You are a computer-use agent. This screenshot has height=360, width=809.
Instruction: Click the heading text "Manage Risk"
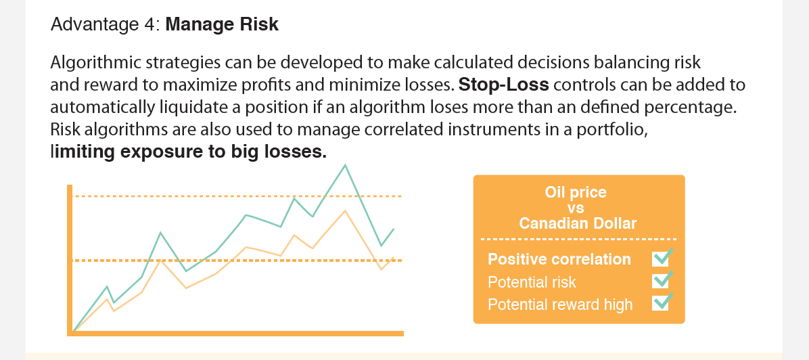222,25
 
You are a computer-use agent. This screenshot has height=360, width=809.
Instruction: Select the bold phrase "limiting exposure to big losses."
189,152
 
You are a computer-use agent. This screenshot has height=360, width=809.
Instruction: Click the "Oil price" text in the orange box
575,193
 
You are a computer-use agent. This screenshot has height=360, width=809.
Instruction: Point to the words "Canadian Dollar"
578,223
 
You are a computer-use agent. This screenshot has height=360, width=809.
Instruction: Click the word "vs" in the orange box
576,208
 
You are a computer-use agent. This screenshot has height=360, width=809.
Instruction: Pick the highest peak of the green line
345,165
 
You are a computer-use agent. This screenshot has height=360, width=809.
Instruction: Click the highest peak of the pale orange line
345,210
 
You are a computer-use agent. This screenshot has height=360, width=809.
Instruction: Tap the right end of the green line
394,229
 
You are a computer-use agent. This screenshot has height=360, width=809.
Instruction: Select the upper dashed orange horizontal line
238,197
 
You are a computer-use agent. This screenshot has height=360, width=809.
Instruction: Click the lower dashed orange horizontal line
238,261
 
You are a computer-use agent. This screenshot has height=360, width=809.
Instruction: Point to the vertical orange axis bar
70,260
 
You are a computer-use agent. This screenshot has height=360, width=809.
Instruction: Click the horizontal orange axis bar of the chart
235,333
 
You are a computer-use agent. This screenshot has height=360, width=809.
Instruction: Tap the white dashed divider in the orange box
578,239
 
